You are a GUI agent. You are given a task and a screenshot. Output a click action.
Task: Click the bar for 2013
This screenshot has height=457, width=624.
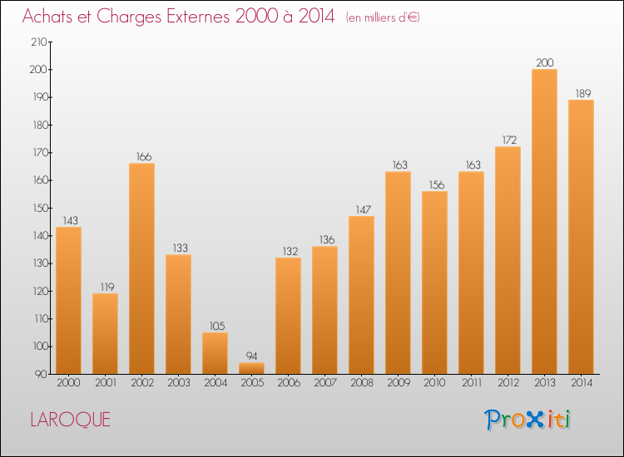[x=544, y=221]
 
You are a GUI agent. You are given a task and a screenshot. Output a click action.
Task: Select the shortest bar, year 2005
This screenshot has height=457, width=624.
[x=251, y=368]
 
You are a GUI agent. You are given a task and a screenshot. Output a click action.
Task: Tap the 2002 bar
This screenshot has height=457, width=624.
[x=141, y=268]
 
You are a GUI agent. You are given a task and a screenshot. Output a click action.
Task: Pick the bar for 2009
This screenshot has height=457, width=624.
[x=398, y=273]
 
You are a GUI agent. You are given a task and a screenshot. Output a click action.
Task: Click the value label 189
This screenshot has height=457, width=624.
[x=583, y=93]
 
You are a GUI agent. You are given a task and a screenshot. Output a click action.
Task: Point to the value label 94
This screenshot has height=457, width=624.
[x=251, y=356]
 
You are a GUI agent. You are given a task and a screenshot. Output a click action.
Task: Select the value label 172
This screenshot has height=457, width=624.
[x=509, y=140]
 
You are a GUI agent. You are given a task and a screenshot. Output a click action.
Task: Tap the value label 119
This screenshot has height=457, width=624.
[x=107, y=287]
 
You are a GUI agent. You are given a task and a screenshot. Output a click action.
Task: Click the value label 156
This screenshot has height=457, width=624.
[x=437, y=184]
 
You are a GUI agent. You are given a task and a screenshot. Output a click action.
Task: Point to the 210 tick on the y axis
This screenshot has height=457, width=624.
[x=39, y=42]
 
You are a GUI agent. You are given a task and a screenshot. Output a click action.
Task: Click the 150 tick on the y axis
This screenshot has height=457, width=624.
[x=40, y=208]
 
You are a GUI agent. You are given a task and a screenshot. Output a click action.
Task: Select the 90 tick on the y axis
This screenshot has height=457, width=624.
[x=41, y=374]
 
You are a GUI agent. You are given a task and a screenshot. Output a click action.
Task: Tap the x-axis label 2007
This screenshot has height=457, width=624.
[x=325, y=383]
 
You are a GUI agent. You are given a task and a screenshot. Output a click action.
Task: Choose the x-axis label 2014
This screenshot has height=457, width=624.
[x=582, y=383]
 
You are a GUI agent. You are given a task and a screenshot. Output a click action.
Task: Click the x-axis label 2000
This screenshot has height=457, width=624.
[x=68, y=383]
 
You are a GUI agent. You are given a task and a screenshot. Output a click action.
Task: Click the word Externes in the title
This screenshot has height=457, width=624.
[x=198, y=17]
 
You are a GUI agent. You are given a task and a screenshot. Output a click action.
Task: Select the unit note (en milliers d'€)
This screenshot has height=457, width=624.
[x=383, y=17]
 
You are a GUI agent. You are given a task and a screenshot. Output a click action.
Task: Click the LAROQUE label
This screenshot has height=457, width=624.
[x=71, y=420]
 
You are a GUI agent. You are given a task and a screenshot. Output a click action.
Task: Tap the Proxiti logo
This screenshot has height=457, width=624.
[x=527, y=420]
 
